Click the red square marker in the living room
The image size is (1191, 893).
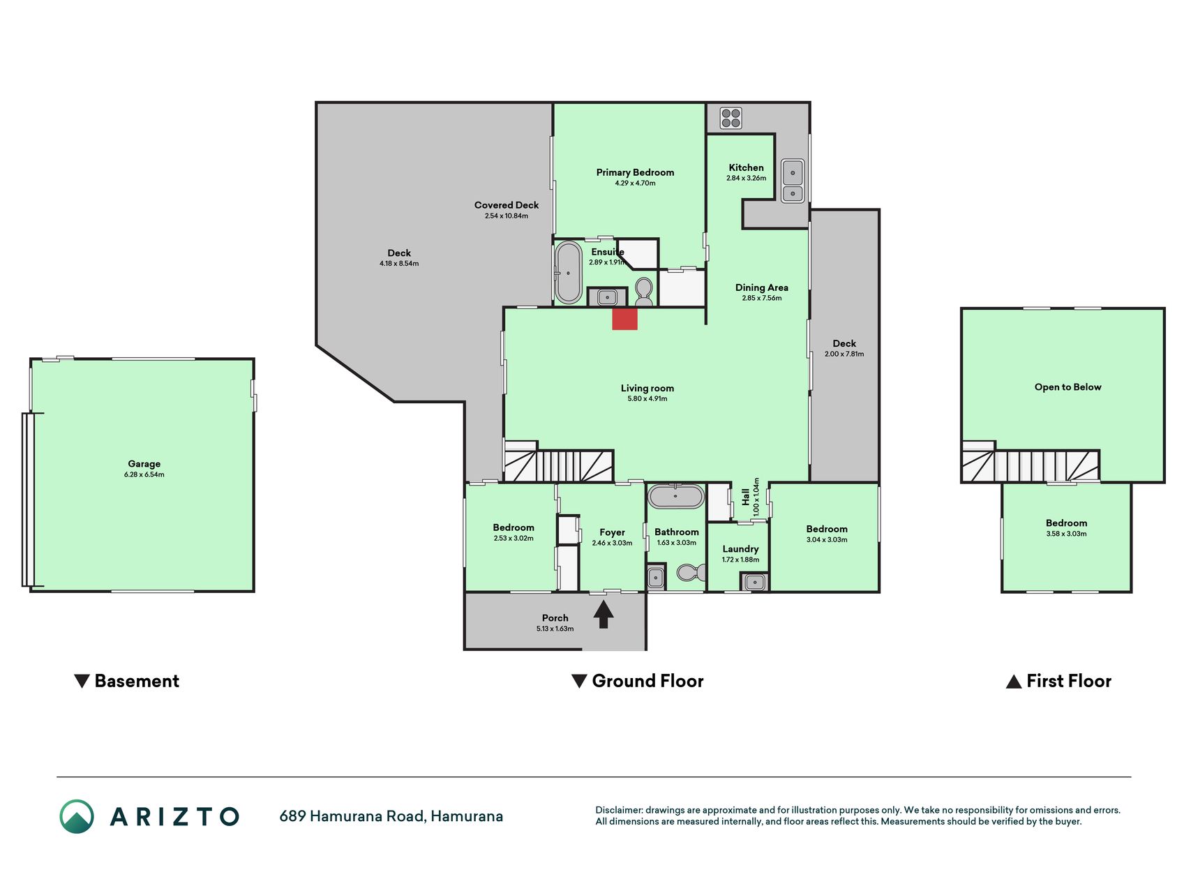click(624, 320)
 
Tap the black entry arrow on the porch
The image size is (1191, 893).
click(604, 615)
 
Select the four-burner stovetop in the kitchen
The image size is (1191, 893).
click(731, 118)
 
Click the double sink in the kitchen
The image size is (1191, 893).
click(793, 181)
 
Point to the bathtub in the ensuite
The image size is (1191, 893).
click(568, 273)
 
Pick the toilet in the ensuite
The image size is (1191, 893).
click(644, 292)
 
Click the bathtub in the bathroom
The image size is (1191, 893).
click(675, 496)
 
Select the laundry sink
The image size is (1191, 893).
click(754, 581)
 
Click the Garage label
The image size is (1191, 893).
click(144, 464)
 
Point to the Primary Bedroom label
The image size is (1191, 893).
click(635, 172)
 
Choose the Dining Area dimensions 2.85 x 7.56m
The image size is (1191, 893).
click(762, 298)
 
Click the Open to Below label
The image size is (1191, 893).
click(1068, 387)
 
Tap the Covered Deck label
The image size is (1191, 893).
click(507, 205)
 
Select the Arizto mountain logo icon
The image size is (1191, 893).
click(77, 816)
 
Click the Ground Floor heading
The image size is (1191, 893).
click(647, 681)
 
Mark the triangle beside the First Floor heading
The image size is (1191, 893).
click(1014, 682)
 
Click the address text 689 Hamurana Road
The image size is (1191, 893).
click(352, 816)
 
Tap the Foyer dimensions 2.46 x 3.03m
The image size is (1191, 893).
click(612, 543)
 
